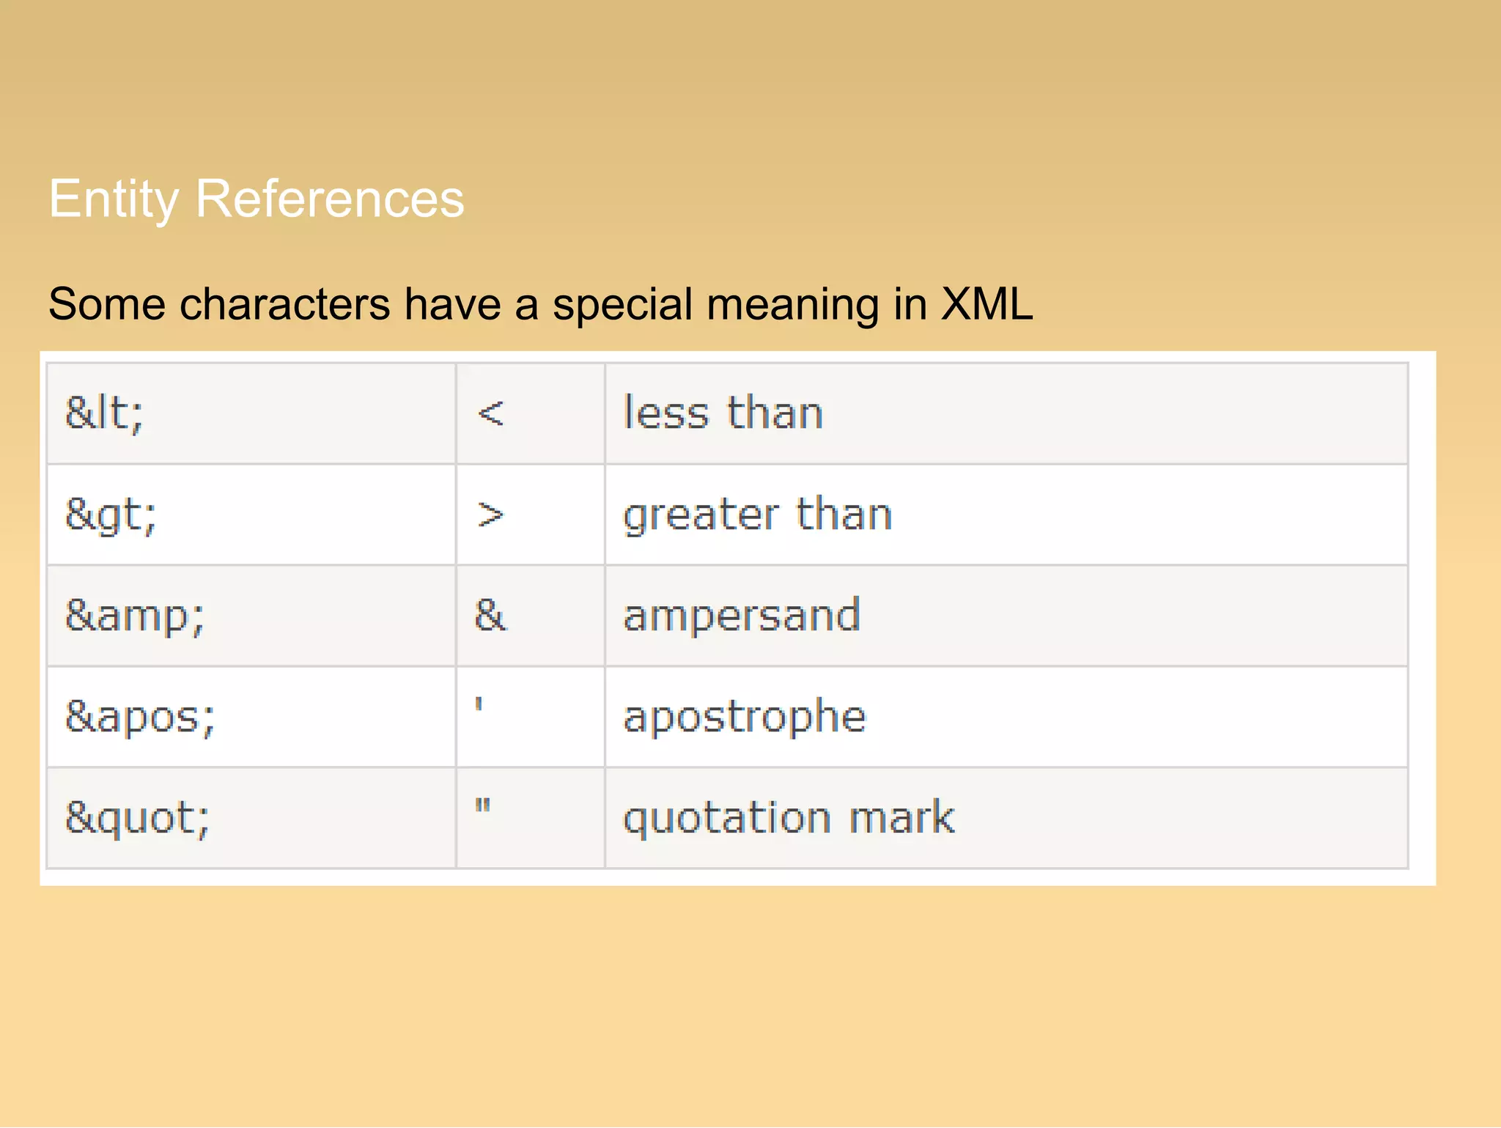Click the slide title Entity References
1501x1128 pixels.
point(257,199)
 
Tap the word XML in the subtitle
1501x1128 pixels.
point(986,304)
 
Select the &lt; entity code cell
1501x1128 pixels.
point(104,413)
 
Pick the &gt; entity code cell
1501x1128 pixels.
point(111,515)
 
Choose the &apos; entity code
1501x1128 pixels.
point(140,718)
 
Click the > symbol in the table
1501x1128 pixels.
point(490,515)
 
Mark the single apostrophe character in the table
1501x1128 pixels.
point(479,705)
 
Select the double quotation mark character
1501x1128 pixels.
point(482,806)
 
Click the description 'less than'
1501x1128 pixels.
point(723,413)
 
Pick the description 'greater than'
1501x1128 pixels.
point(757,515)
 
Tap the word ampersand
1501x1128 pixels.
point(741,616)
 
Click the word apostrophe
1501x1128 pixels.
point(744,718)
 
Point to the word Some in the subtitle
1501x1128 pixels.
point(107,304)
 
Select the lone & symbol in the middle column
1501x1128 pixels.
point(490,616)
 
